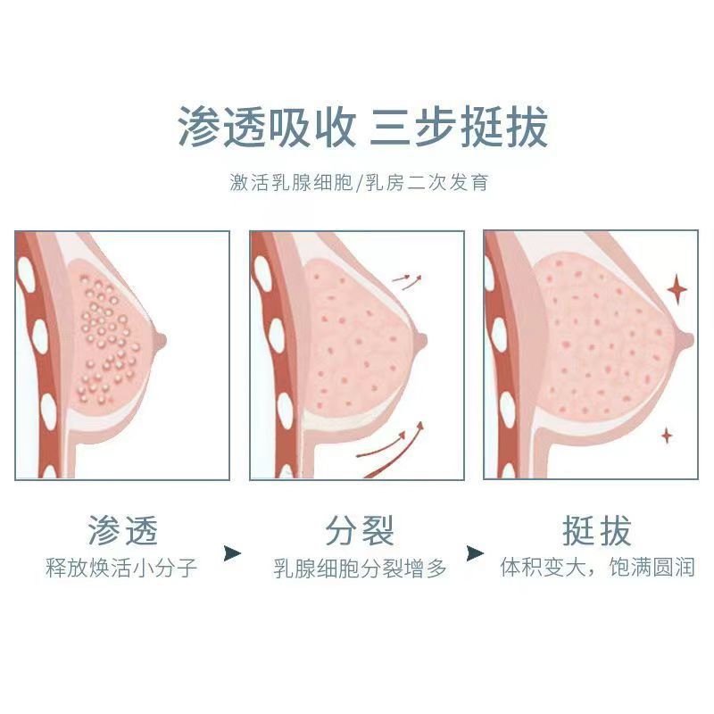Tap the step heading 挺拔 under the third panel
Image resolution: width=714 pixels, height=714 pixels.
tap(596, 531)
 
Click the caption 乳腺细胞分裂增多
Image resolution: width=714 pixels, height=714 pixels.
tap(360, 569)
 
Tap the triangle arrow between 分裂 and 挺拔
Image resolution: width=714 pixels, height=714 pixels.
tap(476, 554)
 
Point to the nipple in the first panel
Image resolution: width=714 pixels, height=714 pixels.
tap(161, 338)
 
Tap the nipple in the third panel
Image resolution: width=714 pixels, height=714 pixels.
tap(686, 338)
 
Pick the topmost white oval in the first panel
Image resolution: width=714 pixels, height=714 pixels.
tap(27, 278)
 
